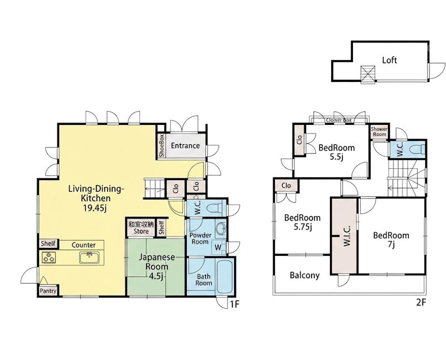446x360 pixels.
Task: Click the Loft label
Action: tap(389, 60)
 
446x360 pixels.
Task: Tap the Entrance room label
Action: tap(185, 145)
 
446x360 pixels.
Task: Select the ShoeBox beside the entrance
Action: tap(162, 145)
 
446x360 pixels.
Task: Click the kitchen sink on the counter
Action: tap(90, 257)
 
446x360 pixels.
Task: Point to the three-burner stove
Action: tap(49, 257)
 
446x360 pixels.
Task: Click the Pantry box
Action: tap(48, 291)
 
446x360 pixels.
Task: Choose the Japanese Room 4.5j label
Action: tap(157, 266)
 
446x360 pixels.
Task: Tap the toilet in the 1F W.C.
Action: tap(215, 209)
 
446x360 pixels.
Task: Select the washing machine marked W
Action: tap(218, 247)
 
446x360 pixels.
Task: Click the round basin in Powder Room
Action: tap(221, 228)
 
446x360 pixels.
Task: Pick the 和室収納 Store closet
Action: tap(141, 228)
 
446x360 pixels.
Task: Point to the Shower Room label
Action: tap(379, 132)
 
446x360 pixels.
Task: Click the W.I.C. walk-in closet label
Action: tap(347, 236)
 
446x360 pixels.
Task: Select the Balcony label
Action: tap(304, 275)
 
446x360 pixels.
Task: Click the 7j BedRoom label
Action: tap(391, 240)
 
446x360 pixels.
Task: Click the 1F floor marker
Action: tap(235, 304)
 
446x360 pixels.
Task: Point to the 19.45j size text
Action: tap(95, 208)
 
